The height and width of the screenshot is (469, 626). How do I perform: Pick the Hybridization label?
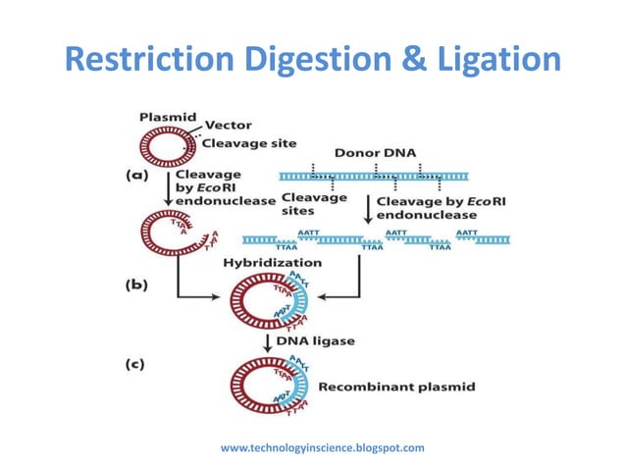click(273, 263)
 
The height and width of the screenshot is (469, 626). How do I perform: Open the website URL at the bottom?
click(323, 447)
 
